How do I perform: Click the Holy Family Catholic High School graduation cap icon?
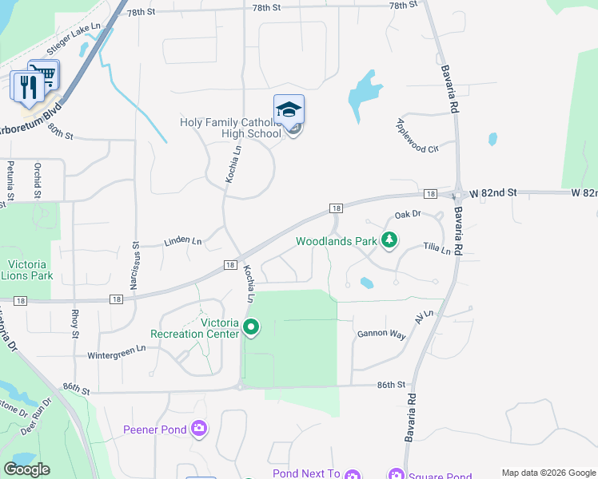point(289,110)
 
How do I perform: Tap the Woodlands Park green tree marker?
point(389,240)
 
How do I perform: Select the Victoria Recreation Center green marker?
point(251,327)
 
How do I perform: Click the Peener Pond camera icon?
point(199,430)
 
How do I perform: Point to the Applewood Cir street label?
point(418,136)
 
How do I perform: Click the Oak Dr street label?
point(407,214)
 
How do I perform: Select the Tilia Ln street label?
point(437,248)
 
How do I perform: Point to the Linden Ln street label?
point(183,240)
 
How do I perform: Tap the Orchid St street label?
point(38,180)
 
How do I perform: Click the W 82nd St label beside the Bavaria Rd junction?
point(493,193)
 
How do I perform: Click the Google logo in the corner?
point(26,469)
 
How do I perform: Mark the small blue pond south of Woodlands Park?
point(366,283)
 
